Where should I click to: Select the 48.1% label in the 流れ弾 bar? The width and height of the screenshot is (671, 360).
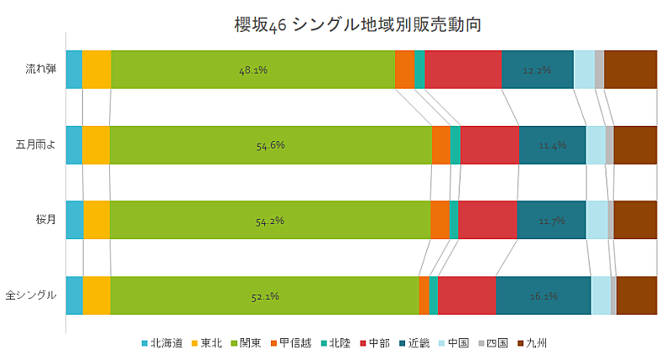click(252, 70)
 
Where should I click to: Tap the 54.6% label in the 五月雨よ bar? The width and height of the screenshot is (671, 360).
click(270, 145)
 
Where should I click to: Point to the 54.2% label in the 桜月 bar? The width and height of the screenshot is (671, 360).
click(269, 221)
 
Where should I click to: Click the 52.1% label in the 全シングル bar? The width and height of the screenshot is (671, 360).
click(264, 296)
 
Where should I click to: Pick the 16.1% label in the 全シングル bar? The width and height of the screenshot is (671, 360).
click(544, 296)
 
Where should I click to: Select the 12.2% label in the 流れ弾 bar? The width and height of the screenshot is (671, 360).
click(537, 70)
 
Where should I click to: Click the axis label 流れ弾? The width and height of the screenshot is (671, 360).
click(41, 70)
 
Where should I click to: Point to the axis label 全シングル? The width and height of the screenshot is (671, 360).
click(31, 295)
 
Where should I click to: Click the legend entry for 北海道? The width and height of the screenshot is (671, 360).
click(162, 343)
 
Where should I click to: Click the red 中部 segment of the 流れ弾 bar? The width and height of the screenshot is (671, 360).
click(463, 70)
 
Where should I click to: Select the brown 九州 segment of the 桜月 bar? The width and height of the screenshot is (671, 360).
click(635, 221)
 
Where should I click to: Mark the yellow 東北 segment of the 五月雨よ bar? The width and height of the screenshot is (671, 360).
click(96, 145)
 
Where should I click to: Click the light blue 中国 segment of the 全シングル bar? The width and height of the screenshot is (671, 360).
click(601, 295)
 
